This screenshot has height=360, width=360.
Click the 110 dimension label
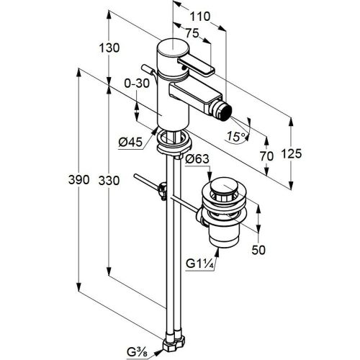pyautogui.click(x=200, y=17)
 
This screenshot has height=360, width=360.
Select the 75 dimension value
pyautogui.click(x=192, y=33)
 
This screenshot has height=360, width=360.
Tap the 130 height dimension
pyautogui.click(x=109, y=48)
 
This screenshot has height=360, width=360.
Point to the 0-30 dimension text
pyautogui.click(x=137, y=84)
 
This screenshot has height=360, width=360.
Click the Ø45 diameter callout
pyautogui.click(x=130, y=143)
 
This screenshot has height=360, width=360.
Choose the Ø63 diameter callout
pyautogui.click(x=197, y=159)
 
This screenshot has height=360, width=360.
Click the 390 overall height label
pyautogui.click(x=78, y=180)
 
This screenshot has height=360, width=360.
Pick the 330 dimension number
pyautogui.click(x=109, y=181)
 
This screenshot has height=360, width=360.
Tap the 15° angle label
pyautogui.click(x=236, y=136)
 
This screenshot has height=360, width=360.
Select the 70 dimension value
pyautogui.click(x=266, y=156)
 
